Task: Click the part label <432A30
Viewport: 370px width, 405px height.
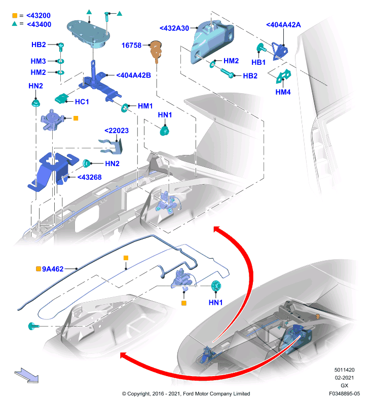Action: coord(174,28)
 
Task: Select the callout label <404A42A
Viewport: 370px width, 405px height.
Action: coord(283,25)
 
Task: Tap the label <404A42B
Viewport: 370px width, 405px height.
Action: coord(133,75)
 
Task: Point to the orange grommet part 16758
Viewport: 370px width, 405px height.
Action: coord(156,51)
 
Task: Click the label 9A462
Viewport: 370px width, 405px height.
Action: coord(53,269)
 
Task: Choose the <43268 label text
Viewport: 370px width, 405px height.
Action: coord(90,177)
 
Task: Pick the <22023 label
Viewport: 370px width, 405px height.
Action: coord(117,131)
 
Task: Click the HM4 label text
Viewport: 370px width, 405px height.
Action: coord(283,92)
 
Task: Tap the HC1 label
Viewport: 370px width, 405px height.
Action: coord(82,102)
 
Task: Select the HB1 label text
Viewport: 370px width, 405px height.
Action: coord(258,62)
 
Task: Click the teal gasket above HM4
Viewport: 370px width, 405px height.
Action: coord(283,76)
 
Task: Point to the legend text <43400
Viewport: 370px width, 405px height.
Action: coord(39,24)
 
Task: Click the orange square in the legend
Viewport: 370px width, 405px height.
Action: coord(15,16)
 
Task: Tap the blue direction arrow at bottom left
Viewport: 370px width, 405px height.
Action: coord(27,375)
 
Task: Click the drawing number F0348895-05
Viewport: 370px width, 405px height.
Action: coord(344,394)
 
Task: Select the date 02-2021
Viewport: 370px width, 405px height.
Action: coord(344,378)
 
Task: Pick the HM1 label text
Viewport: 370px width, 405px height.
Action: coord(145,106)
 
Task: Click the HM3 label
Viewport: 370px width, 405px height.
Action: coord(38,61)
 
